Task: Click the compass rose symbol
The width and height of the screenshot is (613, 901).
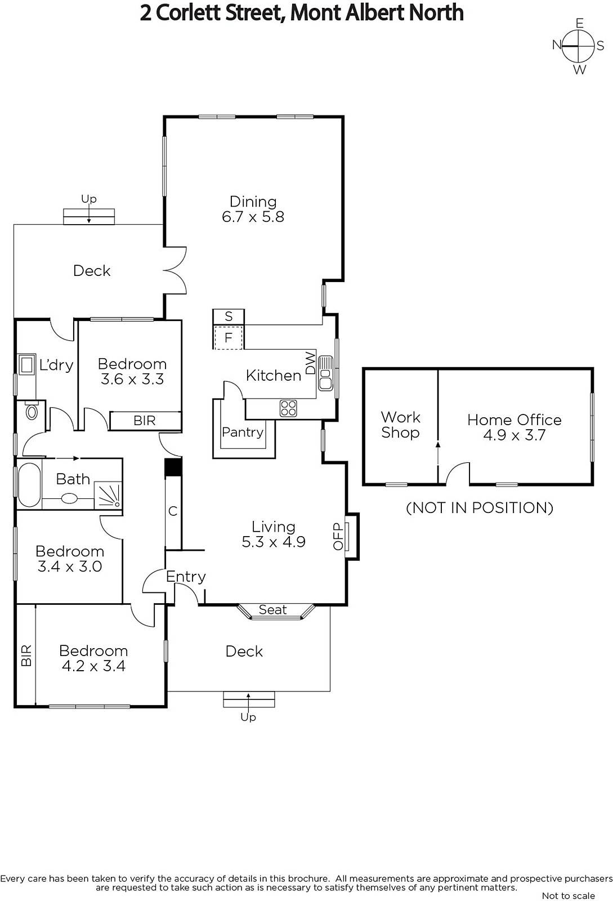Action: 579,46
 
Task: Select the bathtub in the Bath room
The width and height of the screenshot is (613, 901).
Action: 29,484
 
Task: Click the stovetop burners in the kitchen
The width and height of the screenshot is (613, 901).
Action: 288,408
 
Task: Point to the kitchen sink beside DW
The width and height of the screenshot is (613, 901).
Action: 325,373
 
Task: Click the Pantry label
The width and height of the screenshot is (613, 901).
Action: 243,432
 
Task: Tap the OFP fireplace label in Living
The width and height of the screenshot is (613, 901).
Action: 338,536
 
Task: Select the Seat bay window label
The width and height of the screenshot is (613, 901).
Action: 273,609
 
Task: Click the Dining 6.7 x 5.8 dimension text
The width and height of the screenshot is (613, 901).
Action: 253,217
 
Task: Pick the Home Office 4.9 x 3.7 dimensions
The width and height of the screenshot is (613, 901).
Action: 514,435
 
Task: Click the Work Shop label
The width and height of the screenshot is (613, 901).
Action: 400,425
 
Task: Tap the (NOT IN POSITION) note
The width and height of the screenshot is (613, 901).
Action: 480,507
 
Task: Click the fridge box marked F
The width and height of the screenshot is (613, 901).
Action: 229,338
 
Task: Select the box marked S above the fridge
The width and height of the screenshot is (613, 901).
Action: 229,316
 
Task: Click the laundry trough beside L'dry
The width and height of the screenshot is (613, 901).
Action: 26,364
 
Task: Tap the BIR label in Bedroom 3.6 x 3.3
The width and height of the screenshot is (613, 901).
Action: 145,421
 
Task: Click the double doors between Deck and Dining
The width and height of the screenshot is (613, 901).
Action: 176,272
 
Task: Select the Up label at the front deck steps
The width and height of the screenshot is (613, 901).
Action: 248,717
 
